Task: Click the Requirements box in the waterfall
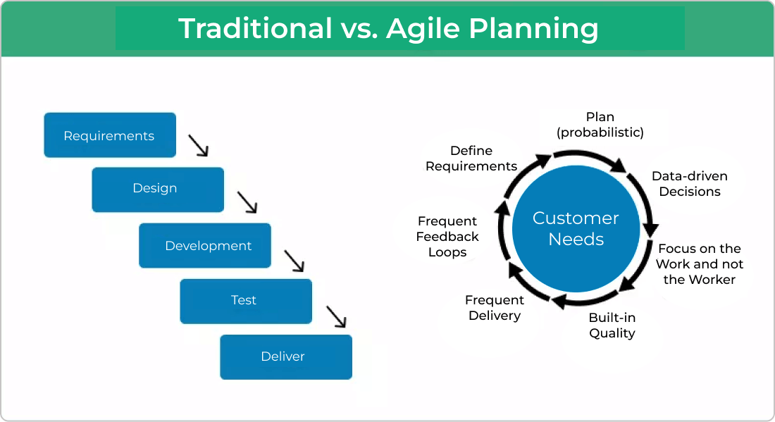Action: click(109, 135)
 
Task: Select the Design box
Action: click(157, 189)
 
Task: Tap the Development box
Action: click(204, 246)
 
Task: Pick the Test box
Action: click(245, 301)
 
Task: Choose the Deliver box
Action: click(285, 356)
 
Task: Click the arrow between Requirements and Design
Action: click(199, 146)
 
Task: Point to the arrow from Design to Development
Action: click(247, 202)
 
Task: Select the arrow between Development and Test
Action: click(294, 261)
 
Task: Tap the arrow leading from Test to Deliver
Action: click(337, 316)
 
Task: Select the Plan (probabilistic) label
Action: click(600, 124)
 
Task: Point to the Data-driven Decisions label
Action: click(689, 184)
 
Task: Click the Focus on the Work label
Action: click(699, 264)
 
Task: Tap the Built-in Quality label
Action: click(612, 325)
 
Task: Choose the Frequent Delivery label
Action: click(494, 308)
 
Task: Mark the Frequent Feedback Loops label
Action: click(447, 237)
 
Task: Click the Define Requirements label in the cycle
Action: click(471, 159)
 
